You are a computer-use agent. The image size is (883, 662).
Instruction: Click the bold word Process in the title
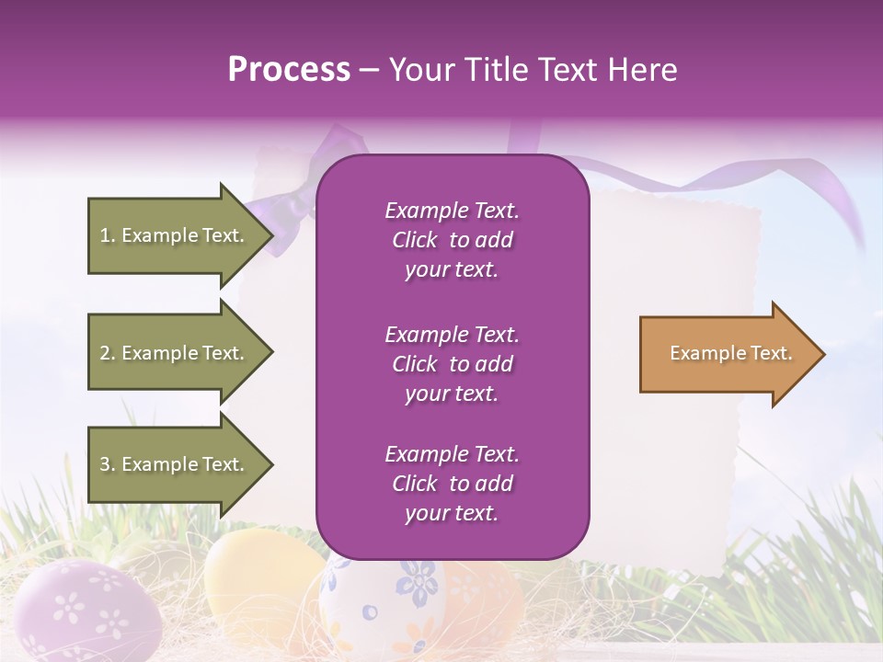[x=289, y=70]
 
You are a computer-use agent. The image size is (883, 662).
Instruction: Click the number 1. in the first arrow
[x=108, y=235]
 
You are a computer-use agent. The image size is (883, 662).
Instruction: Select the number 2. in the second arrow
[x=108, y=353]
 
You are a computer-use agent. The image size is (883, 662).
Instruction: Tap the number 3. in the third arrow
[x=108, y=464]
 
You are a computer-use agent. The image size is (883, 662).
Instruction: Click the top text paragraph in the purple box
[x=452, y=240]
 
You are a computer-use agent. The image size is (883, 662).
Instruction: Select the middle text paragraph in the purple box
[x=452, y=364]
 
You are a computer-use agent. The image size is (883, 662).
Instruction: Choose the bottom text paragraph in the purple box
[x=452, y=484]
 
